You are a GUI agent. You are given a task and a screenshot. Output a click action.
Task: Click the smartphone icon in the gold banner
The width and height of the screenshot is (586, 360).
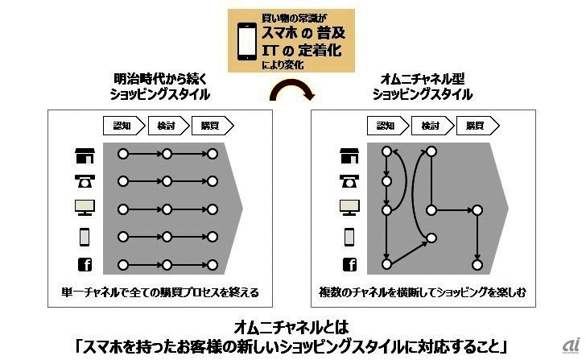point(247,41)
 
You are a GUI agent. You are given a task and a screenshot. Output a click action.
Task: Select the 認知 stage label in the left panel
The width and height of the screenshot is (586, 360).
point(124,126)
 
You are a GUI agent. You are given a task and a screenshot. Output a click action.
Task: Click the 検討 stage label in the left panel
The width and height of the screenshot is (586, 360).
point(168,126)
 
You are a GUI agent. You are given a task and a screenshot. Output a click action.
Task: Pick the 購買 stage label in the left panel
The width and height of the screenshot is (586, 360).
point(213,126)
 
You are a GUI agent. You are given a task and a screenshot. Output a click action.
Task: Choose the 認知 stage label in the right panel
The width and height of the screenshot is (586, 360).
point(388,126)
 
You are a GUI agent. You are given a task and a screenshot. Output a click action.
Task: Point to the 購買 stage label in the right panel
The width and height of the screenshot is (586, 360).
point(477,126)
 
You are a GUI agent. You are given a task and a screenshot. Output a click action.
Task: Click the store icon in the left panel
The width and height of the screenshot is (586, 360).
point(85,155)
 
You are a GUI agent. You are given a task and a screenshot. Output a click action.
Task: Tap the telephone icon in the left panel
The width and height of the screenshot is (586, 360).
point(85,181)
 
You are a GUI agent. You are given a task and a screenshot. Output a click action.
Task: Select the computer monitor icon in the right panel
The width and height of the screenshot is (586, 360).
point(349,208)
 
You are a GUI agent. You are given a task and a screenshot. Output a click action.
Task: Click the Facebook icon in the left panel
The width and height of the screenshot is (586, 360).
point(85,264)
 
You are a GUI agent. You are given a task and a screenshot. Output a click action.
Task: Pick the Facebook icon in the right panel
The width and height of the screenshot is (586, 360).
point(349,264)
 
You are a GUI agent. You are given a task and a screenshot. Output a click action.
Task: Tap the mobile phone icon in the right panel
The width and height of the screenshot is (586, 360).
point(349,237)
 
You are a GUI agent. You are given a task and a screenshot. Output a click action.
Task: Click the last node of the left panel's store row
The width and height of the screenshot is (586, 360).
point(213,154)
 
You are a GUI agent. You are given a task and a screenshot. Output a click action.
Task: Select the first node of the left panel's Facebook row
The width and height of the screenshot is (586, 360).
point(123,265)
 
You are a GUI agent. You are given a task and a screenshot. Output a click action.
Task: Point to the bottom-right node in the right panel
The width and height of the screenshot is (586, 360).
point(477,265)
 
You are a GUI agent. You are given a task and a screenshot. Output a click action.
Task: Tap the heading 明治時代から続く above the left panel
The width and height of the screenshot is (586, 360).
point(160,79)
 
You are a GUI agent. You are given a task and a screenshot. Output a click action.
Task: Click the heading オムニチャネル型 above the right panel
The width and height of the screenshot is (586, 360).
point(423,79)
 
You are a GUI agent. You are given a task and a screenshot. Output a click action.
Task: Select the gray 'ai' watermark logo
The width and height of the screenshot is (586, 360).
point(572,345)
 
